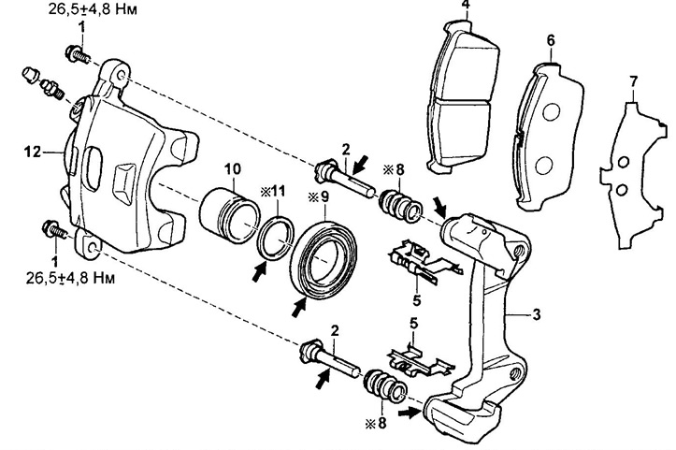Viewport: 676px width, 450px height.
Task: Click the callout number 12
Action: point(33,152)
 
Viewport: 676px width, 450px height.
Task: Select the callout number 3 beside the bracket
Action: point(536,314)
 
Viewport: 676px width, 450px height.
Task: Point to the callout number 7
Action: point(633,81)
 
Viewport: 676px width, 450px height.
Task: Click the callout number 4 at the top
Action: point(466,5)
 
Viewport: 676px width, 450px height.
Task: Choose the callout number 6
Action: point(551,40)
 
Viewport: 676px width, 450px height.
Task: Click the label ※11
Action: point(272,192)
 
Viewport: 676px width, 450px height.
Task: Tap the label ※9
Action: point(318,196)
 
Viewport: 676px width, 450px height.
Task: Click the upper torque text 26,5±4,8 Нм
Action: point(93,9)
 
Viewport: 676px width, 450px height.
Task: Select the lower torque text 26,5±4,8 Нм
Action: point(71,278)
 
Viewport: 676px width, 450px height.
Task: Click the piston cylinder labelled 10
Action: point(229,215)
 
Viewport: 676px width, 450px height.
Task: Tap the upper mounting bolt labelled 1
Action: point(78,54)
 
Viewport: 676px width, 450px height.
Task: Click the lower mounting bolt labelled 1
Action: point(55,229)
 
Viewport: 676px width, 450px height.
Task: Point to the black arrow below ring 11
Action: point(259,272)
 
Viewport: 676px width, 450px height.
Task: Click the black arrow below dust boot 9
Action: point(299,306)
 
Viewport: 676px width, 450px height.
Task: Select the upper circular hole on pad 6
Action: point(551,112)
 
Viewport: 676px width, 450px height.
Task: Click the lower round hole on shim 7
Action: point(621,190)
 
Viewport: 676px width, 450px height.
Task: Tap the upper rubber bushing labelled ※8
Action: point(400,202)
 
